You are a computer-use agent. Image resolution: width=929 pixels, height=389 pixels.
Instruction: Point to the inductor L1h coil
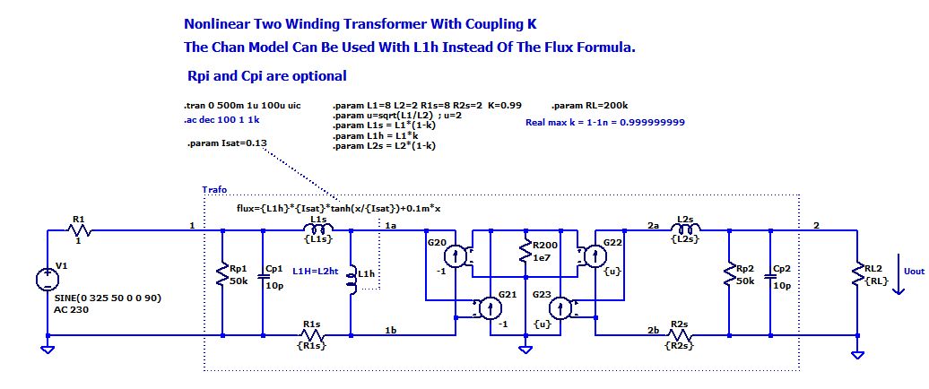click(350, 281)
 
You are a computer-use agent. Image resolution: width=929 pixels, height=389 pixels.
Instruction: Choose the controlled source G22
click(591, 258)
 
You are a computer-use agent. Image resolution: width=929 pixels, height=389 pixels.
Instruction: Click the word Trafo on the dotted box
click(215, 190)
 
